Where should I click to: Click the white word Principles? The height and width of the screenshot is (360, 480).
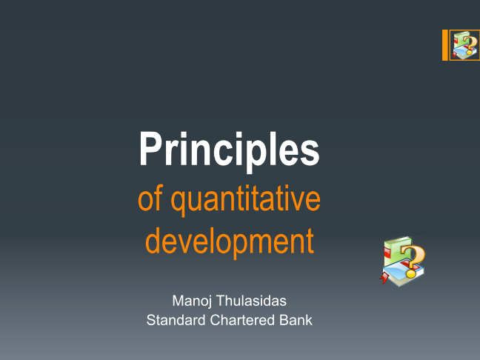coord(230,150)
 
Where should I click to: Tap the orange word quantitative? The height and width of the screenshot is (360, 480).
coord(245,200)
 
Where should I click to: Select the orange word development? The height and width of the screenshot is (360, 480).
coord(230,241)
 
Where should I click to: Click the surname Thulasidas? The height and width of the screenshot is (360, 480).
coord(251,301)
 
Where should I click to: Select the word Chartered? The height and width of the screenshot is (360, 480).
coord(243,320)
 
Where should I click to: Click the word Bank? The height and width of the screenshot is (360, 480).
coord(296,320)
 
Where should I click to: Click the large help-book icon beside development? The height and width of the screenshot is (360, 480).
coord(402,261)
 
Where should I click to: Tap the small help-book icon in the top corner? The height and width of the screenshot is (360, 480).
coord(465,45)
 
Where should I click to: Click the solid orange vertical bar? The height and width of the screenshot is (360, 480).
coord(444,45)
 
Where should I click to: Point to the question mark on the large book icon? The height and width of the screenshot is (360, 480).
coord(413,261)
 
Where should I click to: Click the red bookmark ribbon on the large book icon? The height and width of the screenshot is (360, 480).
coord(384,278)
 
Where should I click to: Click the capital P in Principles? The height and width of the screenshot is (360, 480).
coord(150,148)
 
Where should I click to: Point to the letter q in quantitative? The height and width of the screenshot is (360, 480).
coord(179,203)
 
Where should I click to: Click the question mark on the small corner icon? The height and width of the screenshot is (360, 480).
coord(470,45)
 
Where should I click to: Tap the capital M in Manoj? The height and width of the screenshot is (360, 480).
coord(179,301)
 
